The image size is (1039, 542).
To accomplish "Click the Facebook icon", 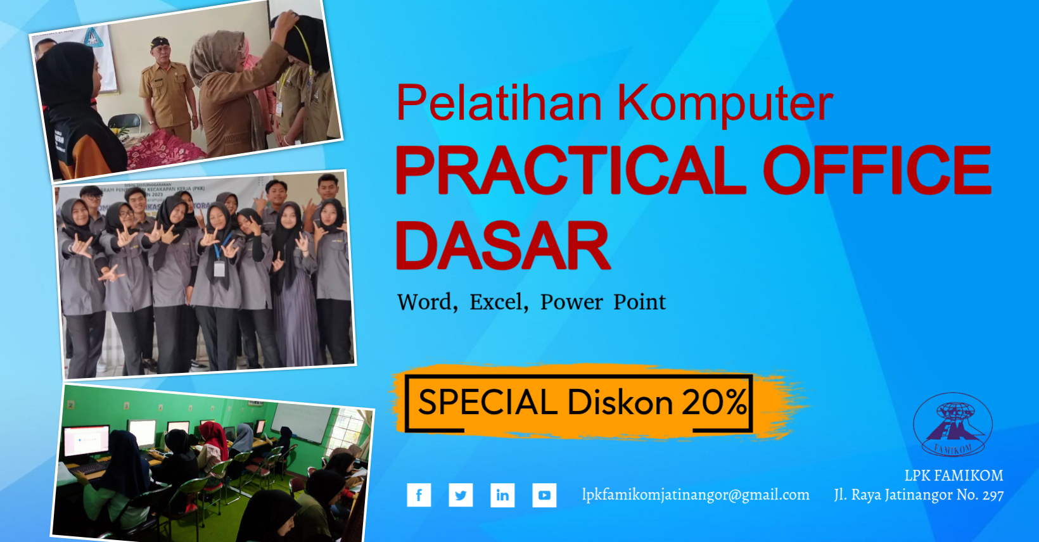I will (x=419, y=495).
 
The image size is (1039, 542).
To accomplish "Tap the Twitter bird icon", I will (x=461, y=495).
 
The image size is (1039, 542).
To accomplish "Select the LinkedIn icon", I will (x=502, y=495).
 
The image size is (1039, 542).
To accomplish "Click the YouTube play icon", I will (x=544, y=495).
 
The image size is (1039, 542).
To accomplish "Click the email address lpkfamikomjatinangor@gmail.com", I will (x=696, y=495).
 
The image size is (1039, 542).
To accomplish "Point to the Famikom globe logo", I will (x=952, y=425).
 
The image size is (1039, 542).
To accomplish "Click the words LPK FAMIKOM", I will (x=953, y=476).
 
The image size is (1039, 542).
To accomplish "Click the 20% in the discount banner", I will (x=715, y=402).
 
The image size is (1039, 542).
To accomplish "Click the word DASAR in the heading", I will (x=502, y=246).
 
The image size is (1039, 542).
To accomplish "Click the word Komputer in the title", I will (x=725, y=103).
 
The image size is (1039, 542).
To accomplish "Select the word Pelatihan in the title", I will (x=499, y=103).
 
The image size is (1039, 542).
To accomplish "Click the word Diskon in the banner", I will (x=620, y=402).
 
